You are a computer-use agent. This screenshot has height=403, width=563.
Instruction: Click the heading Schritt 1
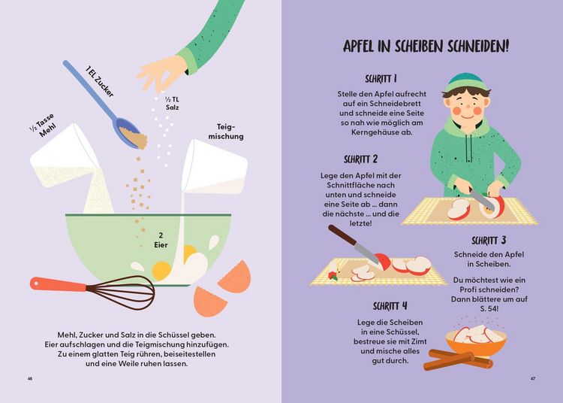click(x=381, y=79)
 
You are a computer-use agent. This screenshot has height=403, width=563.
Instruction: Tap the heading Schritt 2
click(x=360, y=159)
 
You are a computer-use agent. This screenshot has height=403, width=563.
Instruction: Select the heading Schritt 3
click(x=489, y=241)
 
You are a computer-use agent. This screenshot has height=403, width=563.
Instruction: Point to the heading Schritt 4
click(x=390, y=306)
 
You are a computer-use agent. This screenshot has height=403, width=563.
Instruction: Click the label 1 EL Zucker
click(x=99, y=82)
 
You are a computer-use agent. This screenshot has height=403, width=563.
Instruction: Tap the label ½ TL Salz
click(x=173, y=104)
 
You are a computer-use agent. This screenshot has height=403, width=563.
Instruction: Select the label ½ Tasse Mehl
click(x=44, y=126)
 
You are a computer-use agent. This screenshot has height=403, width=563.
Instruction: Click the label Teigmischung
click(x=226, y=132)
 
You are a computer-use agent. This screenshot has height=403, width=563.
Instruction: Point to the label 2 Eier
click(x=161, y=240)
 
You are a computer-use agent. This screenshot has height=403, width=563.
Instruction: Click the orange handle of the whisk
click(x=58, y=285)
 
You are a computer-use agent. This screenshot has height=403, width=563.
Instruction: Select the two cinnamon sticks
click(x=458, y=359)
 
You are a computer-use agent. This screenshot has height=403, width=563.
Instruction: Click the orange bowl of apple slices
click(x=476, y=342)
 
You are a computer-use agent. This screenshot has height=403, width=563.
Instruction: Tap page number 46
click(x=30, y=378)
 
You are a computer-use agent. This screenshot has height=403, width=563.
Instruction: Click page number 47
click(x=533, y=378)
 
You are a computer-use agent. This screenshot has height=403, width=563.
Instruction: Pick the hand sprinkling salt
click(x=161, y=73)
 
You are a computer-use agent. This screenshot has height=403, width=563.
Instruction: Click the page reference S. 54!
click(x=489, y=308)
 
